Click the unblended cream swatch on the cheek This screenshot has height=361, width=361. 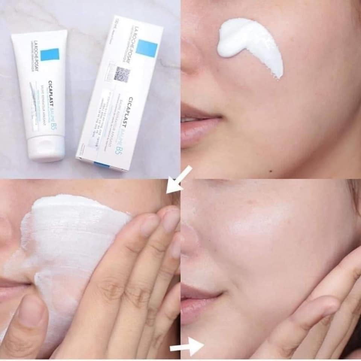click(251, 46)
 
